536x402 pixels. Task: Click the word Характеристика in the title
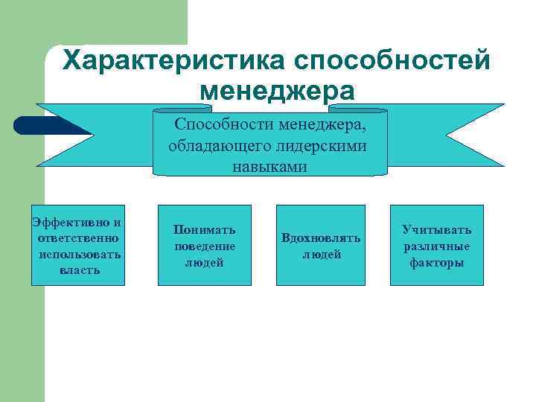(174, 61)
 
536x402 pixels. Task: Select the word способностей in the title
(393, 61)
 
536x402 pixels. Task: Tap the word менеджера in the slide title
(278, 91)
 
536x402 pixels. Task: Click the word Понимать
(204, 229)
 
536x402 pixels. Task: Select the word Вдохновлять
(321, 238)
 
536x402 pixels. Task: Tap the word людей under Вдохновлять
(321, 255)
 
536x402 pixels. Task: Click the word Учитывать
(436, 230)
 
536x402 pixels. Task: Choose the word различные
(436, 246)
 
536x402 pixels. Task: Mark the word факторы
(436, 262)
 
